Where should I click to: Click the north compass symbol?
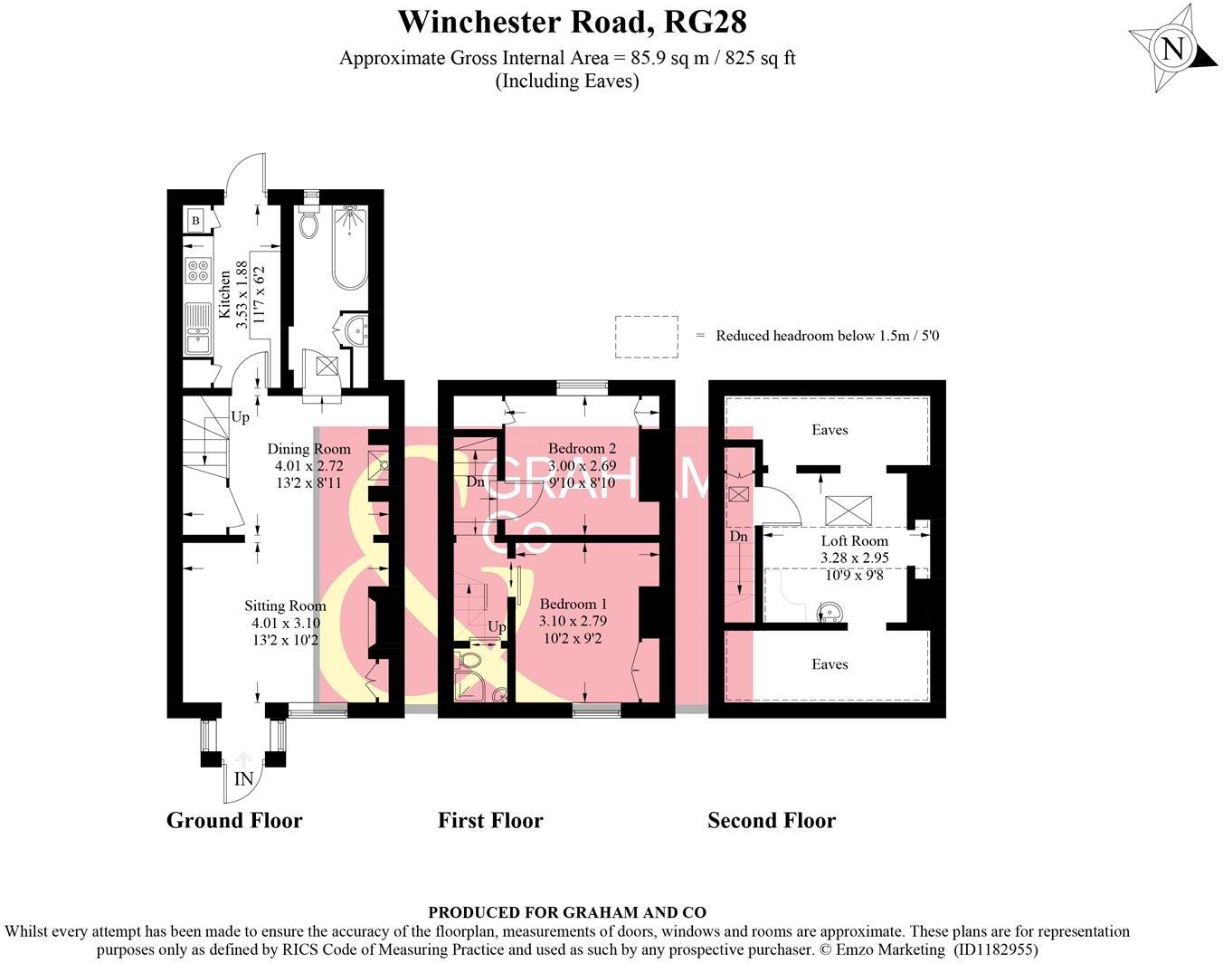tap(1173, 48)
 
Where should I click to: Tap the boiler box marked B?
tap(195, 220)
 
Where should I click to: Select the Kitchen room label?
tap(223, 294)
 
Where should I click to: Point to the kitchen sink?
tap(197, 329)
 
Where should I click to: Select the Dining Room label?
tap(308, 449)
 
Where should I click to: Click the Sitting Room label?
tap(285, 606)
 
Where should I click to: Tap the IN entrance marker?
tap(243, 779)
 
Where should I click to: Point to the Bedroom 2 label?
tap(582, 449)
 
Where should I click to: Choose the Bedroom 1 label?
tap(573, 605)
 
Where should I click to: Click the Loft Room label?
tap(854, 541)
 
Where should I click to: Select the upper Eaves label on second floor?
tap(829, 430)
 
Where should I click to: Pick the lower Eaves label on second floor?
tap(829, 664)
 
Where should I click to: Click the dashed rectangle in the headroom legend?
tap(646, 336)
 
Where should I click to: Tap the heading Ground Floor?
tap(234, 821)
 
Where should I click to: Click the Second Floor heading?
tap(771, 821)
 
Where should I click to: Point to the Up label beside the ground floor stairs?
tap(240, 417)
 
